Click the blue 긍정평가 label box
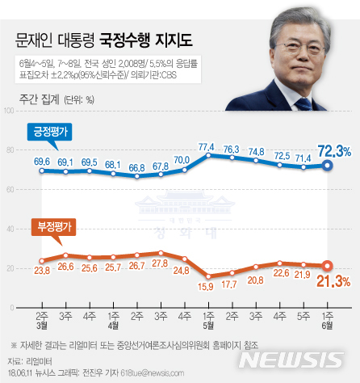(50, 132)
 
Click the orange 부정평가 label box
(50, 227)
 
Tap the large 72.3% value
(333, 151)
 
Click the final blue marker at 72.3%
(327, 165)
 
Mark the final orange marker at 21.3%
(327, 265)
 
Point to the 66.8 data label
(135, 168)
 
